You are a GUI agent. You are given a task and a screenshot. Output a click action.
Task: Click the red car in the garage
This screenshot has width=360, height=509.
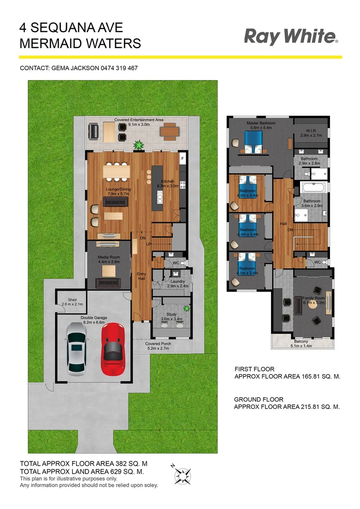point(113,347)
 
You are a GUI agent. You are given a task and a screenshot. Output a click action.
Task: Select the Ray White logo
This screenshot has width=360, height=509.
point(291,36)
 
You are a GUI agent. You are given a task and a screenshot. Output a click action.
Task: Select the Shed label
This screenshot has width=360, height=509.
point(72,300)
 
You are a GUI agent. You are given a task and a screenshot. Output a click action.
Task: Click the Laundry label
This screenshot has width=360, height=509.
point(177,281)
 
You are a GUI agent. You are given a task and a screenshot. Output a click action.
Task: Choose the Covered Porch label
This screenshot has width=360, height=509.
point(158,344)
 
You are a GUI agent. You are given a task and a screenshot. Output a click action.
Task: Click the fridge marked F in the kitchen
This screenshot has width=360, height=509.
point(182,159)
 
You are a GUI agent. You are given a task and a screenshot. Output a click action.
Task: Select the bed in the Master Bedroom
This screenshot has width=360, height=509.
point(253,141)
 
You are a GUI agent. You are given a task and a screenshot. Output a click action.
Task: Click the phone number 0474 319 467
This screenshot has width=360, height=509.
point(119,68)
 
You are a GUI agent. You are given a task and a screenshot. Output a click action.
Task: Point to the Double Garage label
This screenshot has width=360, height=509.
point(94,318)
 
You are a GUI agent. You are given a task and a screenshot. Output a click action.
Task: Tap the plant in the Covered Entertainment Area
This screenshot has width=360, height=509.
point(139,146)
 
